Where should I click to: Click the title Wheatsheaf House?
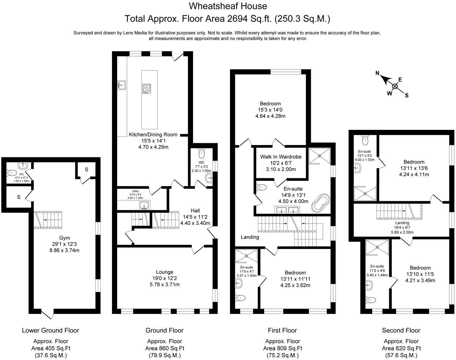pos(228,6)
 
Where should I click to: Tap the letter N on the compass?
pos(377,73)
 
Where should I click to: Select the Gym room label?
pos(64,238)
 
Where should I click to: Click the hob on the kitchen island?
pos(147,89)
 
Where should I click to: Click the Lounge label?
pos(164,272)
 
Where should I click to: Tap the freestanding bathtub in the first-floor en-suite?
pos(320,203)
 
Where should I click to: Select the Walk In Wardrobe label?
pos(281,157)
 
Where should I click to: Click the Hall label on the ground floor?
pos(195,211)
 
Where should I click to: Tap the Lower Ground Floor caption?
pos(50,330)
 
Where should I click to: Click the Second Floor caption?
pos(401,330)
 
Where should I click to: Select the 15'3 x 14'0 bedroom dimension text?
pos(270,110)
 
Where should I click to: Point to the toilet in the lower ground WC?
pos(12,173)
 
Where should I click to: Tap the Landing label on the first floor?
pos(250,237)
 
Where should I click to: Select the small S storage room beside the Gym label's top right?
pos(87,169)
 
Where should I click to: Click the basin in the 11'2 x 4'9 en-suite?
pos(368,284)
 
